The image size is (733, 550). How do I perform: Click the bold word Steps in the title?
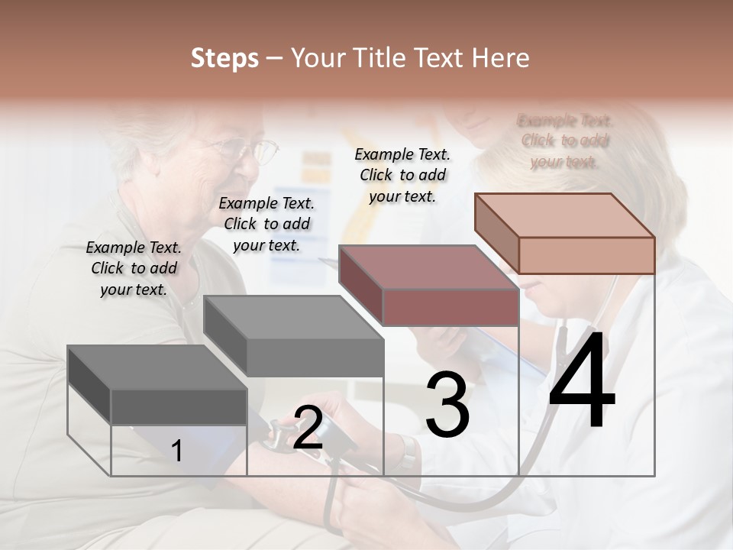pos(224,58)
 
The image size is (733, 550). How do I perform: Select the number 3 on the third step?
pos(447,405)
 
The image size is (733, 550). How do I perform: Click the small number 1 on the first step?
pos(177,451)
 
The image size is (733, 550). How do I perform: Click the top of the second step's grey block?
pos(293,317)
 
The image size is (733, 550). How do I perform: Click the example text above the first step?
pos(134,268)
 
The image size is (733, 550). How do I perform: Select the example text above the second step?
pos(266,224)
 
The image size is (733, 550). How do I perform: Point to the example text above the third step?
pos(402,175)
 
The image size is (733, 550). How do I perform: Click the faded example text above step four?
pos(565,141)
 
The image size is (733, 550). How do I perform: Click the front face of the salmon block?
pos(586,255)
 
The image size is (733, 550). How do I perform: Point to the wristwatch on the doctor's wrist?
pos(408,452)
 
